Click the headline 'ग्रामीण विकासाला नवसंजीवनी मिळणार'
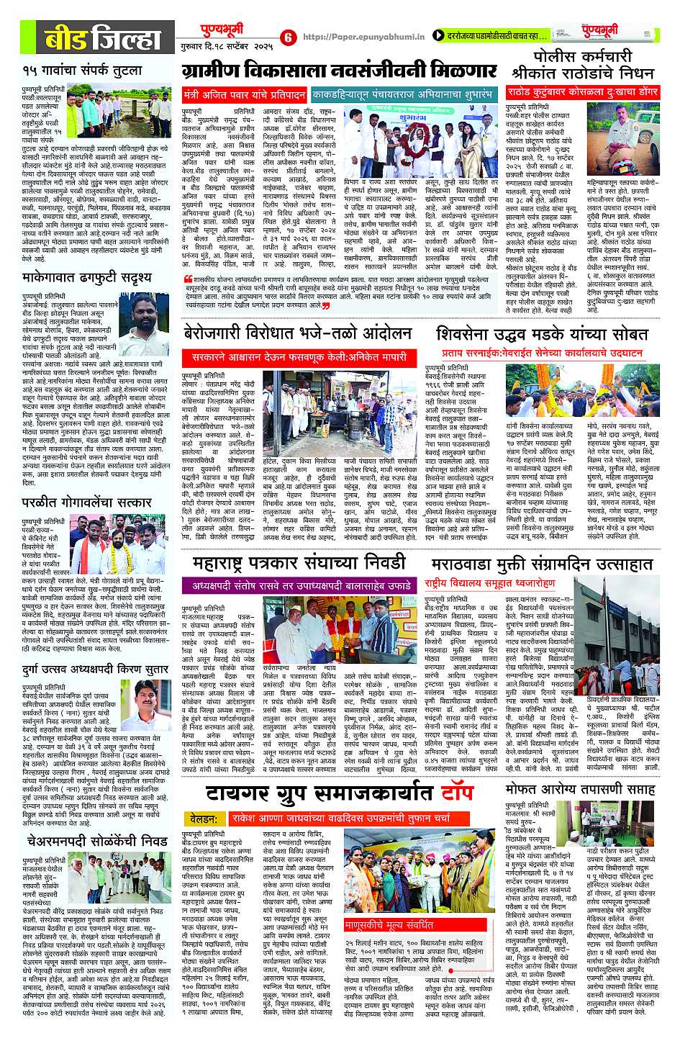click(x=339, y=71)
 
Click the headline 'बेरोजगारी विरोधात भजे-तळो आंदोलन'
click(x=296, y=333)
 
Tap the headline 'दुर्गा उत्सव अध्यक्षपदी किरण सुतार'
click(x=95, y=669)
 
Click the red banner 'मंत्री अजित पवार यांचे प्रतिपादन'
click(x=245, y=94)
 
